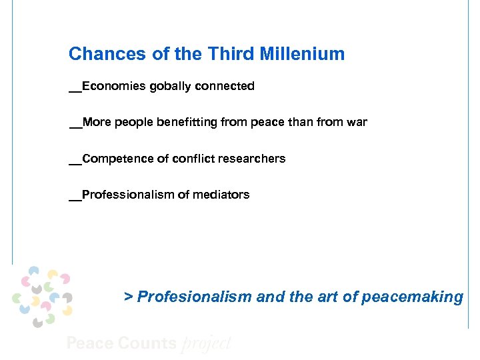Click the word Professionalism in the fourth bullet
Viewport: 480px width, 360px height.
125,195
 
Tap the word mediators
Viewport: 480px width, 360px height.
222,195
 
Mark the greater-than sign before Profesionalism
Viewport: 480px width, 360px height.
129,297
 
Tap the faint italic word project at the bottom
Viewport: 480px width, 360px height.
207,344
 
